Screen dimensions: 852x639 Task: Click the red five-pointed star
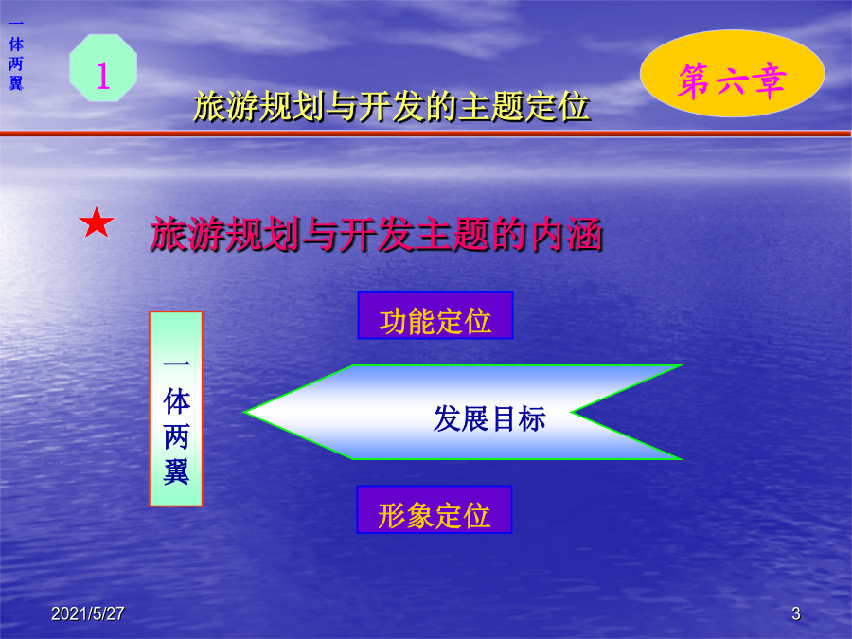pos(97,222)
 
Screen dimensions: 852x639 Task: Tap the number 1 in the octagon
pos(102,76)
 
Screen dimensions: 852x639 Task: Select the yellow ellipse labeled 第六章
pos(732,73)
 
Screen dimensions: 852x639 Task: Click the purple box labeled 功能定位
pos(435,315)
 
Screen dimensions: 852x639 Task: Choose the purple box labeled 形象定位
pos(435,509)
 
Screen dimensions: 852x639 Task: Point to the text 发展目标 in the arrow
pos(489,419)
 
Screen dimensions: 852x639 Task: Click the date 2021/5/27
pos(87,613)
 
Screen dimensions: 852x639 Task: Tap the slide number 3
pos(796,613)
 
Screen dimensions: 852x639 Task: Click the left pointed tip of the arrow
pos(245,413)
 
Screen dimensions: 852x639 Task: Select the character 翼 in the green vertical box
pos(176,471)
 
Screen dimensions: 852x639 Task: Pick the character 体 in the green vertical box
pos(176,401)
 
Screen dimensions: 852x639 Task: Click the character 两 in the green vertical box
pos(176,436)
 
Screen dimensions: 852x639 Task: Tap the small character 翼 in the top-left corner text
pos(16,83)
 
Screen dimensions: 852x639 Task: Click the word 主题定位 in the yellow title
pos(524,106)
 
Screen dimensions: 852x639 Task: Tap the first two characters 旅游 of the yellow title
pos(226,106)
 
